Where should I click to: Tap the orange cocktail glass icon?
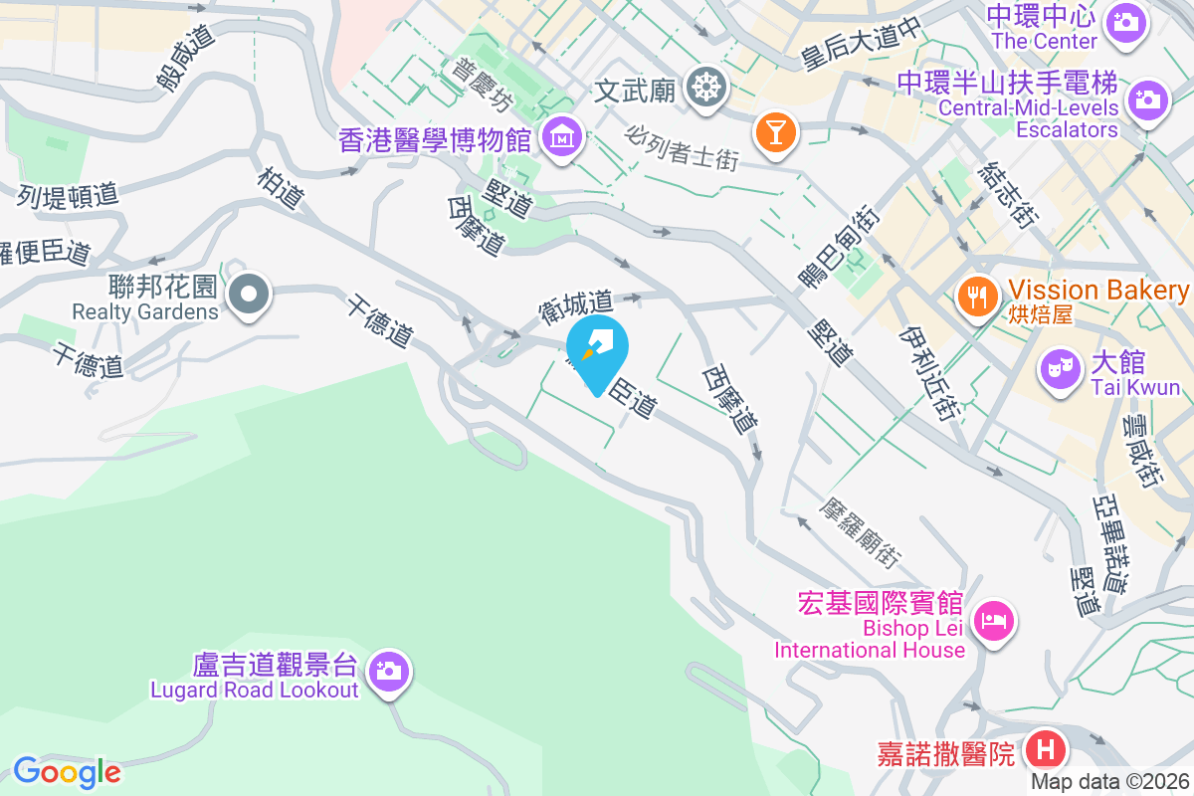click(774, 131)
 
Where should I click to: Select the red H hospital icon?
click(1045, 748)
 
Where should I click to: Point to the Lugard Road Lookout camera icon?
click(387, 670)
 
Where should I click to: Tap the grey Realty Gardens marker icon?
click(249, 295)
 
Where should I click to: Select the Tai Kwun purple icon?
click(1061, 370)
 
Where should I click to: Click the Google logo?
click(67, 771)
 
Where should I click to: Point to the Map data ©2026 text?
click(1109, 782)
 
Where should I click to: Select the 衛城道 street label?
click(576, 304)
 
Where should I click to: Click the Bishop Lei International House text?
click(871, 639)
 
